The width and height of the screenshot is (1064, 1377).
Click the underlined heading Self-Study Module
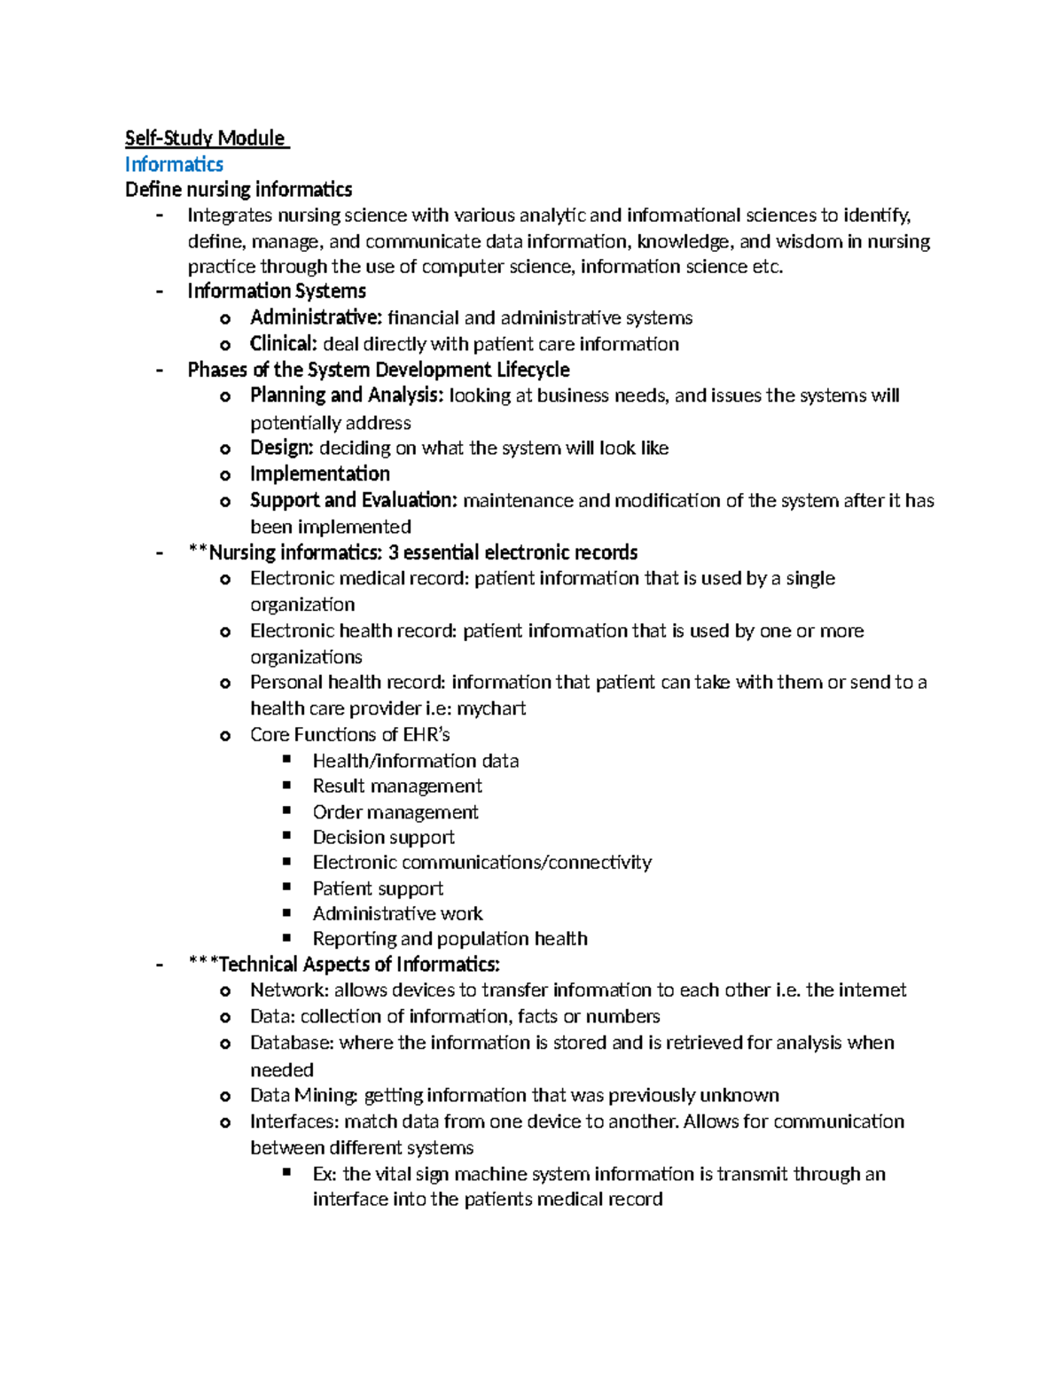click(x=206, y=138)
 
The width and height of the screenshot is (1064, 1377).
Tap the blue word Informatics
click(x=174, y=164)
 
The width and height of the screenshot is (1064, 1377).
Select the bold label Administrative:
click(x=316, y=317)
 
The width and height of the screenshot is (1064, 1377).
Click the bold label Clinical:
click(x=283, y=344)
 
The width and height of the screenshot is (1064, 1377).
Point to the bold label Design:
click(x=281, y=448)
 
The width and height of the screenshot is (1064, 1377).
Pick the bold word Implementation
click(x=319, y=473)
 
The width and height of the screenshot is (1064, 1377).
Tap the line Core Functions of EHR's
click(x=349, y=734)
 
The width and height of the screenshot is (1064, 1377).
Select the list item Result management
click(x=396, y=786)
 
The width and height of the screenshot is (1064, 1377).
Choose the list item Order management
click(x=395, y=812)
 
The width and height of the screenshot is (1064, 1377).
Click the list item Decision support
click(x=383, y=837)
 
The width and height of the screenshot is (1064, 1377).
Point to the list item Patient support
click(x=378, y=888)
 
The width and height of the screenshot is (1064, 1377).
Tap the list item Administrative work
click(x=397, y=913)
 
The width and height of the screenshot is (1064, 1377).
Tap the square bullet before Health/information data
click(x=286, y=760)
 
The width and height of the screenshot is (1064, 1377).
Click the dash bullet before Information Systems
click(x=160, y=292)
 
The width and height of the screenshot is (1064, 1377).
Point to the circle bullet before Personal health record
click(x=225, y=684)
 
